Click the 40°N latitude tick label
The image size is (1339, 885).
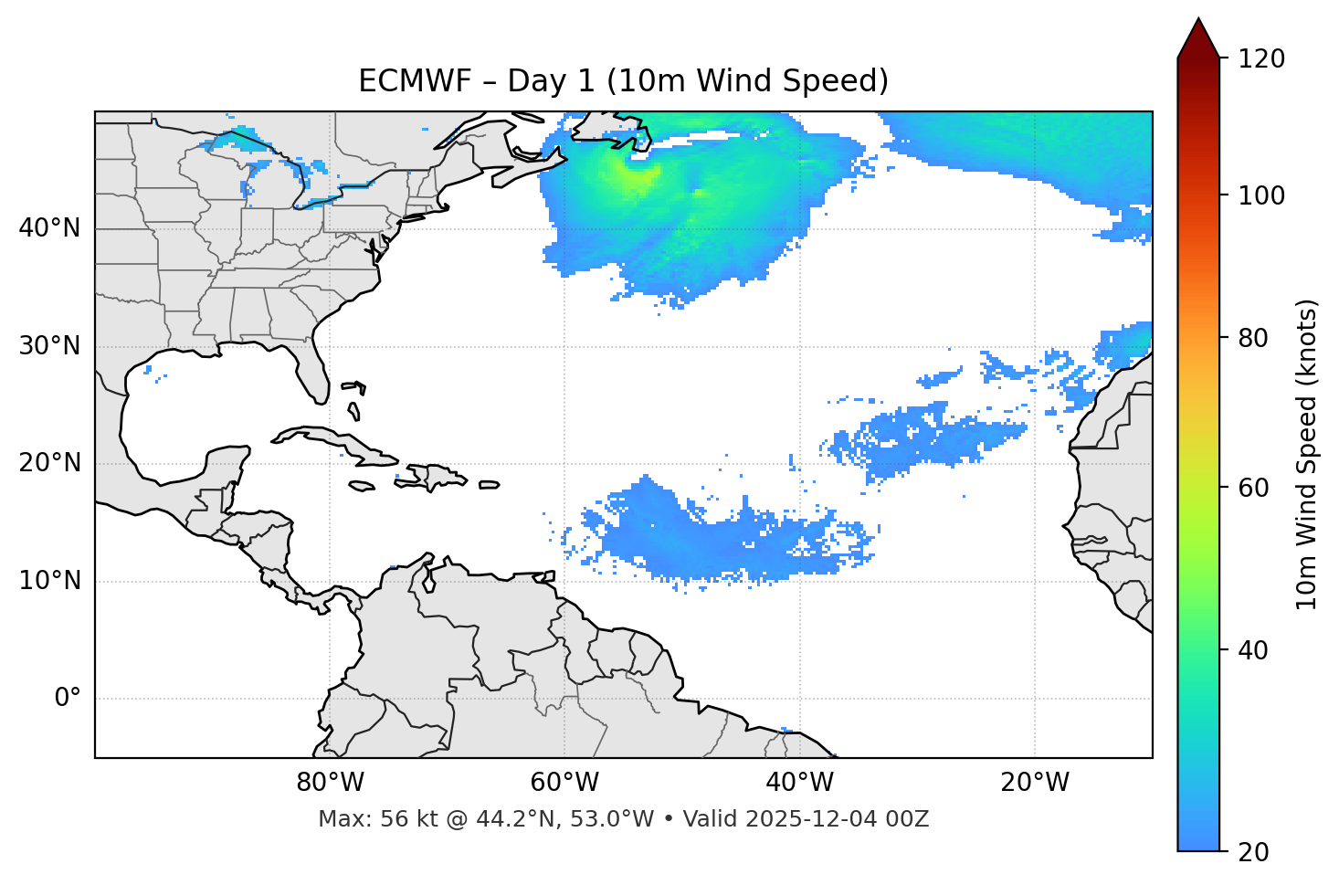click(49, 228)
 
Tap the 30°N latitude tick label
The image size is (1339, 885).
click(49, 346)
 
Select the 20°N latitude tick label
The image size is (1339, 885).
click(49, 463)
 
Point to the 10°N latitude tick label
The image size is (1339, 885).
click(49, 581)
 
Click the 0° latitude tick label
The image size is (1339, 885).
click(68, 699)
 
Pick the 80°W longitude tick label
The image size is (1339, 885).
click(330, 783)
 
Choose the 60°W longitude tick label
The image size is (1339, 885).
click(564, 783)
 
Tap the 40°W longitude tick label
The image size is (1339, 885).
click(799, 783)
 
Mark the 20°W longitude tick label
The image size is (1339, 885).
click(1035, 783)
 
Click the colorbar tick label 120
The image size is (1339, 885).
click(1261, 59)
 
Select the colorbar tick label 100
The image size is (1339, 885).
click(1261, 195)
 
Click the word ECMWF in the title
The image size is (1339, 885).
click(402, 81)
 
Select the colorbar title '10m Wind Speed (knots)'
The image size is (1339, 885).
click(1307, 454)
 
